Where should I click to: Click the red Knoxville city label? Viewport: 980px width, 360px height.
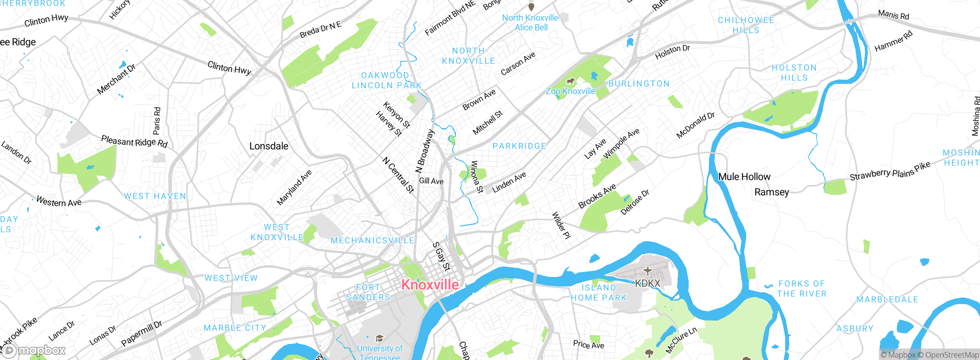430,285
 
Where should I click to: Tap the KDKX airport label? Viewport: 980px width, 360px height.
647,283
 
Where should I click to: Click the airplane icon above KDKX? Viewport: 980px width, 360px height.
647,271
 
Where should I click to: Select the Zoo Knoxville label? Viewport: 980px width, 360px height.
570,91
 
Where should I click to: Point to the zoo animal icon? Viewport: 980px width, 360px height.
570,81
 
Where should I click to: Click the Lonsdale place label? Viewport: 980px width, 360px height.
269,146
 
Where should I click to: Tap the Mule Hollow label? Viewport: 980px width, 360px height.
744,177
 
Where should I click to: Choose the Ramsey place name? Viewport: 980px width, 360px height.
771,192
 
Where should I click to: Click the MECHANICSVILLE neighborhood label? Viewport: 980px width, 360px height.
372,241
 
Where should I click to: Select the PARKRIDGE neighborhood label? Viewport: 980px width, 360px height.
519,146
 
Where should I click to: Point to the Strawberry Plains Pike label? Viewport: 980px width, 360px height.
890,172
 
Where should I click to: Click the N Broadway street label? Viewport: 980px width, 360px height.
425,151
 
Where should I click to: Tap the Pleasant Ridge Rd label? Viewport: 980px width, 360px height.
134,141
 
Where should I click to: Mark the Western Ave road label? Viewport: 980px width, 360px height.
59,201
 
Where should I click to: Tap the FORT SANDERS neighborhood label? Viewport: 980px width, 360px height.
367,292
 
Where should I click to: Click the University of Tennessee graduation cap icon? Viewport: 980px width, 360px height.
379,338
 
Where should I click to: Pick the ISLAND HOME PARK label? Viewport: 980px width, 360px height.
599,293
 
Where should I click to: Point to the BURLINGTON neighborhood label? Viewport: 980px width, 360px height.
639,83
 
